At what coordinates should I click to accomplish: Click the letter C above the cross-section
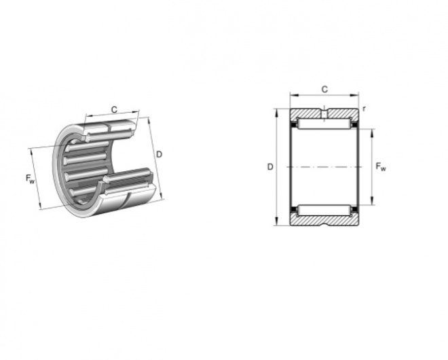point(324,90)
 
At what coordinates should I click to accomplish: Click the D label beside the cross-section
point(270,167)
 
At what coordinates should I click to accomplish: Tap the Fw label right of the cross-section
point(381,166)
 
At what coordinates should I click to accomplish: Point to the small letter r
point(364,109)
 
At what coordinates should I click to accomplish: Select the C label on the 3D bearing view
point(114,109)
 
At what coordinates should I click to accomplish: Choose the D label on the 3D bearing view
point(159,154)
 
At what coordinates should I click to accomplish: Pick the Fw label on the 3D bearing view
point(30,179)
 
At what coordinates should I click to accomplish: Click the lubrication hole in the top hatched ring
point(324,113)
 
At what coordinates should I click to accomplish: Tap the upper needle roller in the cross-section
point(324,124)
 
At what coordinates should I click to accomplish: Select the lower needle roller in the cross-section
point(324,211)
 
